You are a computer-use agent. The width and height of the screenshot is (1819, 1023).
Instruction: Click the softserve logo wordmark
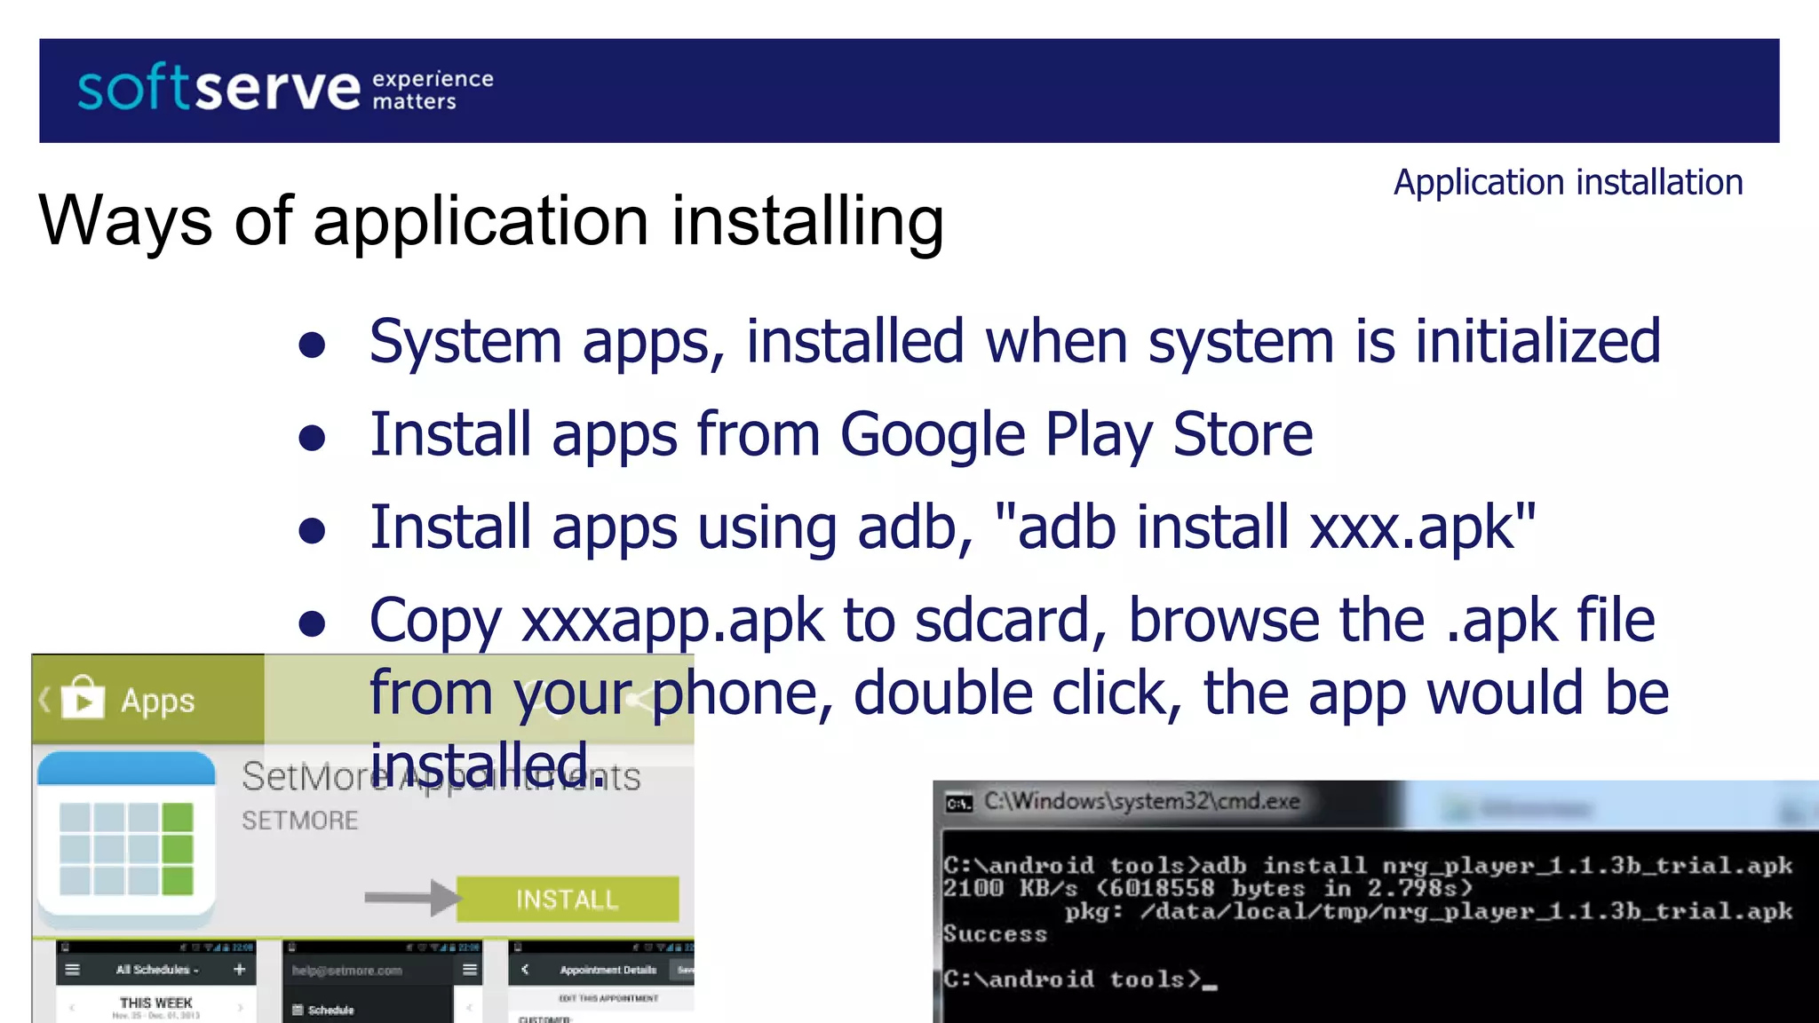[218, 89]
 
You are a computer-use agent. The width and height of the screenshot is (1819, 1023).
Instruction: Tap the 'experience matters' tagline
[432, 91]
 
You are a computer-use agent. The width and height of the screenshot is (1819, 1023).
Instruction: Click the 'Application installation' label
[1568, 182]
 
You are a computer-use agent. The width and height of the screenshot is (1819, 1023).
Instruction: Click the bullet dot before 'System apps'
[312, 345]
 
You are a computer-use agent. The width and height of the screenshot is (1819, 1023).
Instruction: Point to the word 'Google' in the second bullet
[932, 434]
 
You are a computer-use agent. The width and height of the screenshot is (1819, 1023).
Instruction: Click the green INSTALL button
[568, 900]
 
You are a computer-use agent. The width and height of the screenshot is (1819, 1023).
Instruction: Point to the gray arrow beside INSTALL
[411, 898]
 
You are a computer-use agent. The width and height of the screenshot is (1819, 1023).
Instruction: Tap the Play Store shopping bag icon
[83, 700]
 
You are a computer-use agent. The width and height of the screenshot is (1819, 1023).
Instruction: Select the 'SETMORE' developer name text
[300, 821]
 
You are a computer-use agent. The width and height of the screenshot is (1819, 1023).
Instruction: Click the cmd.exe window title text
[1141, 801]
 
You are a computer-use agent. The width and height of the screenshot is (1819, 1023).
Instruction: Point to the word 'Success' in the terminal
[996, 934]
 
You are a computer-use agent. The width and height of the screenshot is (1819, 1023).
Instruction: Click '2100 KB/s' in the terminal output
[1010, 888]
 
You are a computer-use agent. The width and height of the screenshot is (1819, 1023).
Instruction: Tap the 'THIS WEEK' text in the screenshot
[156, 1003]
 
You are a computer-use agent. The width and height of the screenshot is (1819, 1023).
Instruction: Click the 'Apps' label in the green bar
[158, 701]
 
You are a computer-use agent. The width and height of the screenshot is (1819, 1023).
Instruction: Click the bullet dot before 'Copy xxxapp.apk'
[312, 623]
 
